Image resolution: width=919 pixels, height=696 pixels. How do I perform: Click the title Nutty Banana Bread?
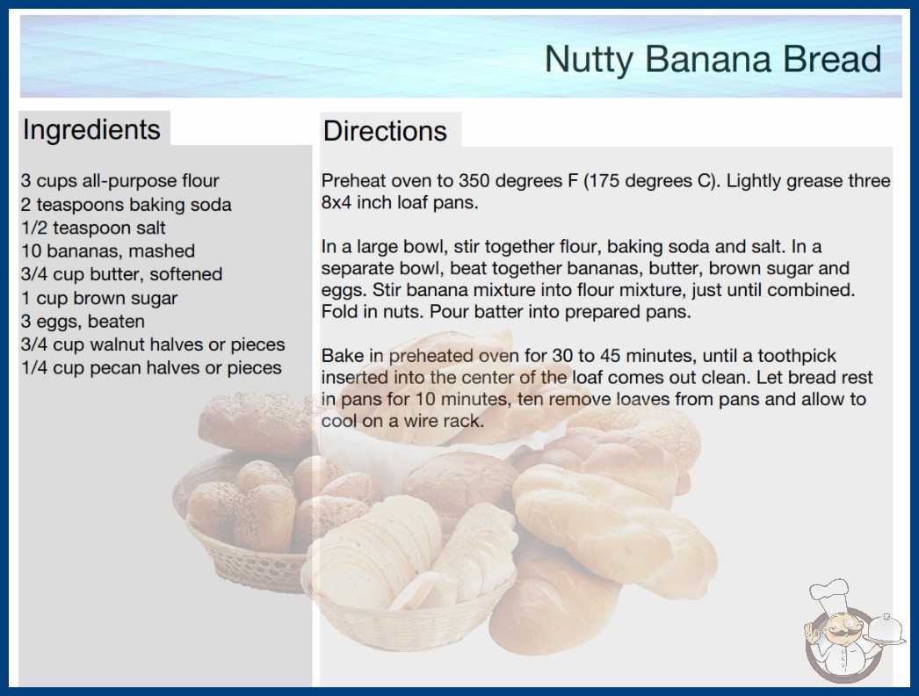[x=713, y=60]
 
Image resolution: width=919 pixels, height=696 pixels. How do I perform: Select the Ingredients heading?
[x=91, y=130]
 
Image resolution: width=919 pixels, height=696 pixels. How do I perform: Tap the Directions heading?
[x=385, y=131]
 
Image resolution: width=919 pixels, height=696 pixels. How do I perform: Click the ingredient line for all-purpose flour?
[x=120, y=181]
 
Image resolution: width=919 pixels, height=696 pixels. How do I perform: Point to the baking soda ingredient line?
[x=126, y=204]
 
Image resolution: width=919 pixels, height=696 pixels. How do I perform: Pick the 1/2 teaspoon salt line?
[x=93, y=228]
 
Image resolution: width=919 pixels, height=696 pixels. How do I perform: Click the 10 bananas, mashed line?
[x=108, y=251]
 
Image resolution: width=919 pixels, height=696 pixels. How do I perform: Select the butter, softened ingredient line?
[x=122, y=274]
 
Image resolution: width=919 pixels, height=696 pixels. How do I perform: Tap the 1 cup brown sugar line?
[x=99, y=298]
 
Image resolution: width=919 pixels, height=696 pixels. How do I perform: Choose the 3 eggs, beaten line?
[x=83, y=322]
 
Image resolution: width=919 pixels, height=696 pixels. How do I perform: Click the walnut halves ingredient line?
[x=153, y=344]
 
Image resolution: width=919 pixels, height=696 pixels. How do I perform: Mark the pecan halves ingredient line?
[x=151, y=367]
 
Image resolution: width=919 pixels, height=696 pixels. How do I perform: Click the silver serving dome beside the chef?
[x=886, y=628]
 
